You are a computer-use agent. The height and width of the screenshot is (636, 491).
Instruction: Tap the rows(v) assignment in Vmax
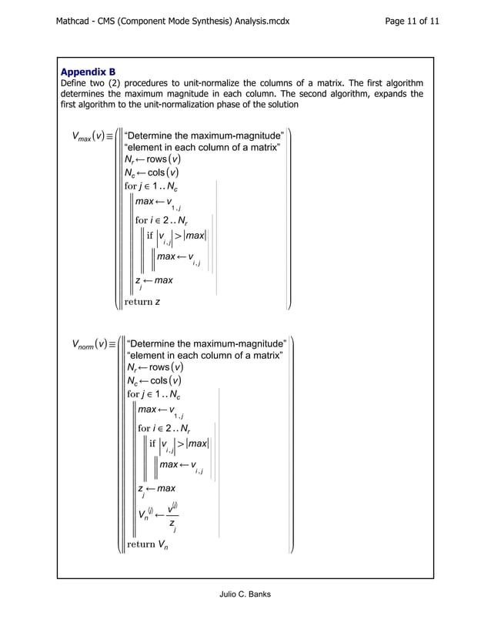(153, 160)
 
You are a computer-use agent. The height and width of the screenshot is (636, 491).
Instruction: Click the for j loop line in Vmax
(154, 186)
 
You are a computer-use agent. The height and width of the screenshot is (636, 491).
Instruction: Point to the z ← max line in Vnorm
(156, 489)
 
